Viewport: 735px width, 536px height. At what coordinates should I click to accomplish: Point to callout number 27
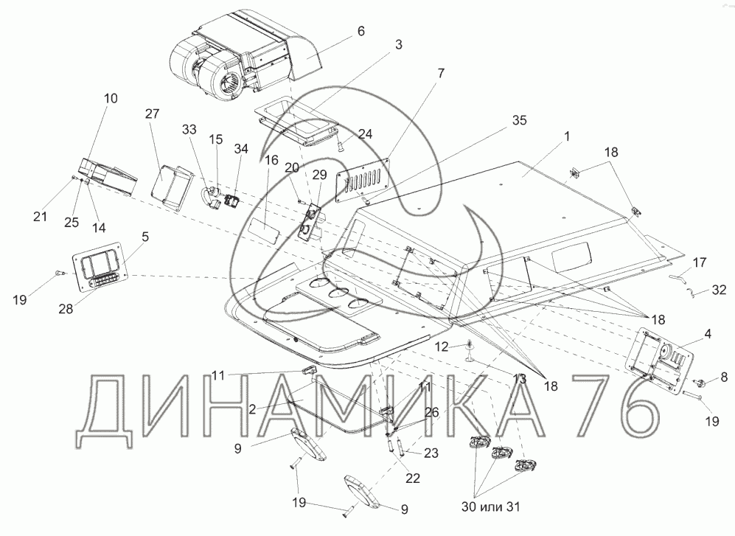(152, 114)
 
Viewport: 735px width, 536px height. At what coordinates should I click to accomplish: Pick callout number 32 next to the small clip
(718, 290)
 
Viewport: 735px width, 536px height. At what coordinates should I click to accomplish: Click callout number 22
(413, 478)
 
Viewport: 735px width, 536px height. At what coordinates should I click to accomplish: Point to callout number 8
(723, 377)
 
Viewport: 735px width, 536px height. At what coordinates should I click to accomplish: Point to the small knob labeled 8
(700, 383)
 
